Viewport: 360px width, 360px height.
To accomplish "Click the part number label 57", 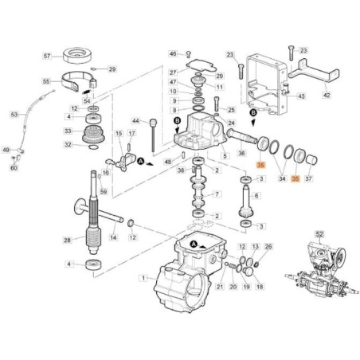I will coord(47,57).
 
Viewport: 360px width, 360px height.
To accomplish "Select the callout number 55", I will coord(47,81).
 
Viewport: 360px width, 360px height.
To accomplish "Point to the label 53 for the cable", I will coord(14,115).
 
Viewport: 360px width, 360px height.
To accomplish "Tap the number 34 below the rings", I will coord(280,180).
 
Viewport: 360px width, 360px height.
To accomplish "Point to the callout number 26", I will coord(268,247).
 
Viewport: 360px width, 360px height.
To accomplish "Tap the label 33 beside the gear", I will coord(69,131).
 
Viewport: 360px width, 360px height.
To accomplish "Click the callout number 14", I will coord(113,237).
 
